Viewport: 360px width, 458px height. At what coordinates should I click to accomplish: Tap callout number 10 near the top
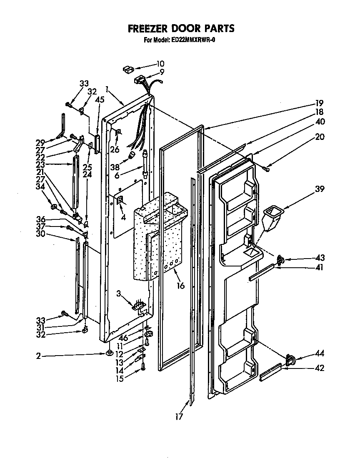[x=160, y=64]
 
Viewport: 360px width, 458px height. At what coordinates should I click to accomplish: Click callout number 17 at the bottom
[x=179, y=416]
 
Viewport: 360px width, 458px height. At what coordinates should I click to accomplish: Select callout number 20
[x=320, y=137]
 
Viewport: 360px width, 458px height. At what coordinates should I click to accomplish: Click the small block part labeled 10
[x=127, y=69]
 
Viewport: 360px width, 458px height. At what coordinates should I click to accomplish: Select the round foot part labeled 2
[x=109, y=353]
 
